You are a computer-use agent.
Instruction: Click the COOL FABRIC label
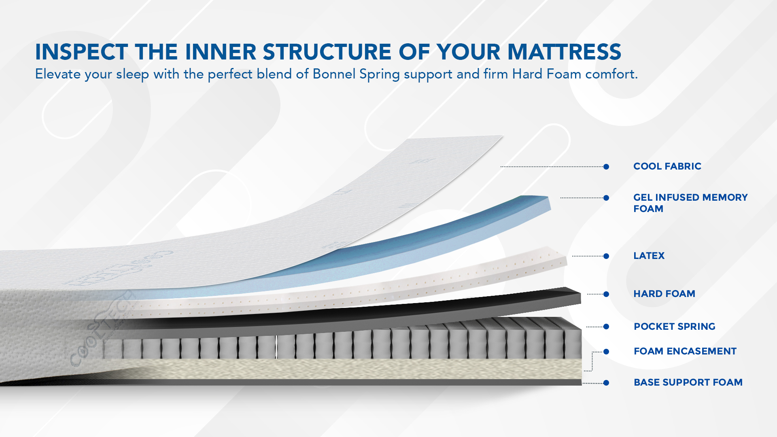click(x=667, y=166)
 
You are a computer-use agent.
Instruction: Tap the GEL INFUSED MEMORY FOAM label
click(x=690, y=203)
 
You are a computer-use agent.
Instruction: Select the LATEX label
click(x=649, y=256)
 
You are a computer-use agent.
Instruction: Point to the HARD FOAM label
click(x=664, y=294)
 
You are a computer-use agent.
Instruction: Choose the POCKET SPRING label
click(x=674, y=327)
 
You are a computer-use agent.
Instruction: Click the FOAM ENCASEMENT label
click(x=685, y=351)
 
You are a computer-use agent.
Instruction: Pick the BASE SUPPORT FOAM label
click(x=688, y=382)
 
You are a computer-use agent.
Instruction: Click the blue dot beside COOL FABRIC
click(x=606, y=167)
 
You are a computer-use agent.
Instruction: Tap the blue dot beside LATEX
click(x=606, y=256)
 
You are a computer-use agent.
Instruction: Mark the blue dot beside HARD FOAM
click(x=606, y=294)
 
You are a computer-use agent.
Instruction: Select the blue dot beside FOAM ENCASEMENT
click(x=606, y=352)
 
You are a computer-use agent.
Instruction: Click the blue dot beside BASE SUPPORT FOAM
click(x=606, y=383)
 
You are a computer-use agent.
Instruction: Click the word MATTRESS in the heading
click(x=564, y=52)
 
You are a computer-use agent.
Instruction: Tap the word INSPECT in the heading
click(x=82, y=52)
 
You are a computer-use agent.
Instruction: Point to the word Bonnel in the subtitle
click(x=334, y=74)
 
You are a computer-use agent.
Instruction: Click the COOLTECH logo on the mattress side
click(x=101, y=330)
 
